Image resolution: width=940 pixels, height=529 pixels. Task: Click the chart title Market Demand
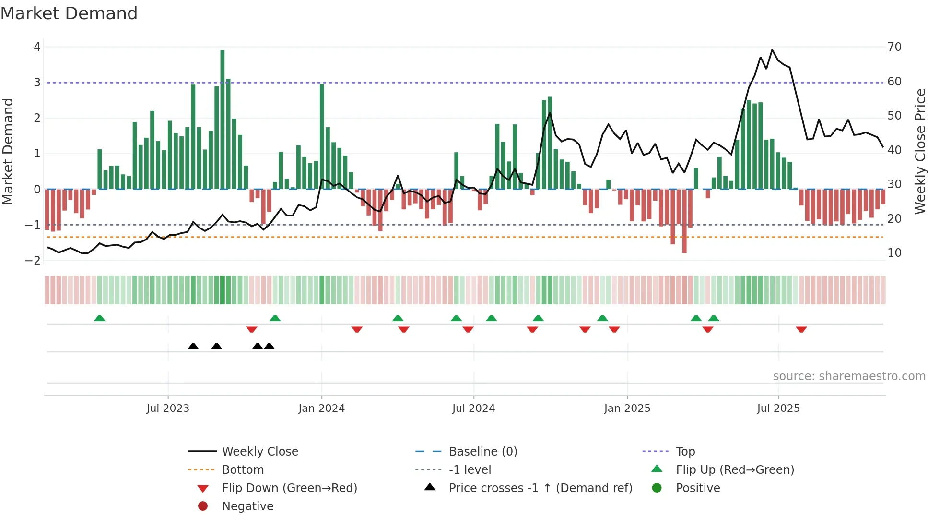[69, 13]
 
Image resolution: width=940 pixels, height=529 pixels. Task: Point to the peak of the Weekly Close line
[772, 50]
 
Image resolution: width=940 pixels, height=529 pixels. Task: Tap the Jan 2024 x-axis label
[321, 409]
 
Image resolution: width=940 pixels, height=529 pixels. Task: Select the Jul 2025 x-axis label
[778, 409]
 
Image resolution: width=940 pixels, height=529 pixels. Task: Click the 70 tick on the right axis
[894, 47]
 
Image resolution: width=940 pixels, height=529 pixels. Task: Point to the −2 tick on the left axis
[33, 261]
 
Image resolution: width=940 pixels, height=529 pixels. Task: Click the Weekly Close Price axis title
[920, 151]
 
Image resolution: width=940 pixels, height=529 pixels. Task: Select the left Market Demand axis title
[8, 151]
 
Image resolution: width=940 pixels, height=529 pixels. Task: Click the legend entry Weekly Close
[260, 452]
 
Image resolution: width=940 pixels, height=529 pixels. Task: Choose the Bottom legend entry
[243, 470]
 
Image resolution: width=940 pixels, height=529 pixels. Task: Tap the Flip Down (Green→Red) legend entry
[289, 488]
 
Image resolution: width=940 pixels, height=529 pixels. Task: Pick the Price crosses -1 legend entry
[540, 488]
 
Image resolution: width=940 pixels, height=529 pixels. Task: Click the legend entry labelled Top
[685, 452]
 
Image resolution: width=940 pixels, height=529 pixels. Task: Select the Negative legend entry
[247, 506]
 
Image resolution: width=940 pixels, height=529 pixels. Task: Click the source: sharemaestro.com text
[849, 376]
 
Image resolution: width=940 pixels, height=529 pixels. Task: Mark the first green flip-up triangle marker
[100, 318]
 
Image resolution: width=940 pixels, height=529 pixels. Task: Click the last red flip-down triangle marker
[801, 329]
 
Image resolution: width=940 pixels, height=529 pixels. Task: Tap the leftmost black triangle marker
[193, 346]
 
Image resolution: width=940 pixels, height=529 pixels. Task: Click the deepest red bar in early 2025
[684, 221]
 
